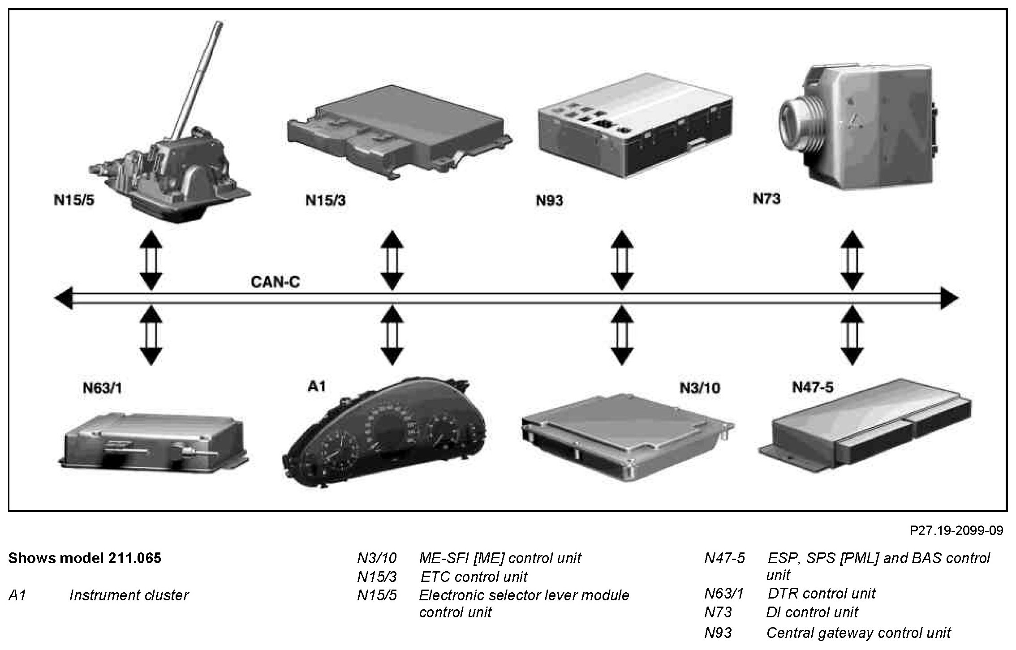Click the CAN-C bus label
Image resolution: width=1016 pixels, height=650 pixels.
[275, 282]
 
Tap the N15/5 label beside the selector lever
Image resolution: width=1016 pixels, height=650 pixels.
[74, 200]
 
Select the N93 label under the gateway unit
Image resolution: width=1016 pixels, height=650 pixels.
[549, 201]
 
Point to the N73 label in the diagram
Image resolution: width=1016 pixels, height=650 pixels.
[766, 199]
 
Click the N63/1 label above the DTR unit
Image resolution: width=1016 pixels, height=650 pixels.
[102, 388]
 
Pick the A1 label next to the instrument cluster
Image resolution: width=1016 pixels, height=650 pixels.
[317, 386]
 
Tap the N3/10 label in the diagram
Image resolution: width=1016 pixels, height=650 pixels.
[700, 388]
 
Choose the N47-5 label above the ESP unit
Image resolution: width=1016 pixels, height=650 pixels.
[813, 387]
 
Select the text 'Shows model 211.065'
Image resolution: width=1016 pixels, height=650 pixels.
[85, 558]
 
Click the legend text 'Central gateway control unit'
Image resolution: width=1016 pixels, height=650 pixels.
[858, 633]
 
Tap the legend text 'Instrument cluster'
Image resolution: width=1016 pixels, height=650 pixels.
[129, 595]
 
